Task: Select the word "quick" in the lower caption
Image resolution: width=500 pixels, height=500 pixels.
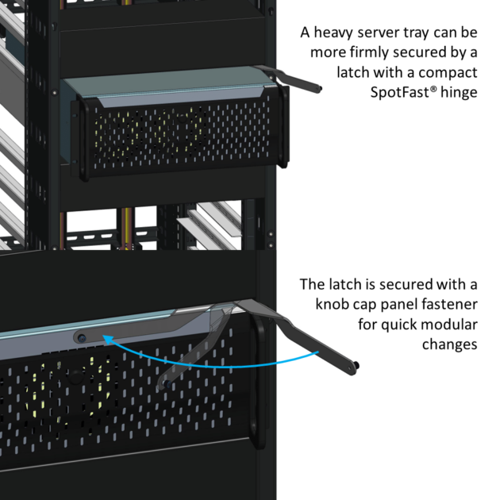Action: click(390, 325)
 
